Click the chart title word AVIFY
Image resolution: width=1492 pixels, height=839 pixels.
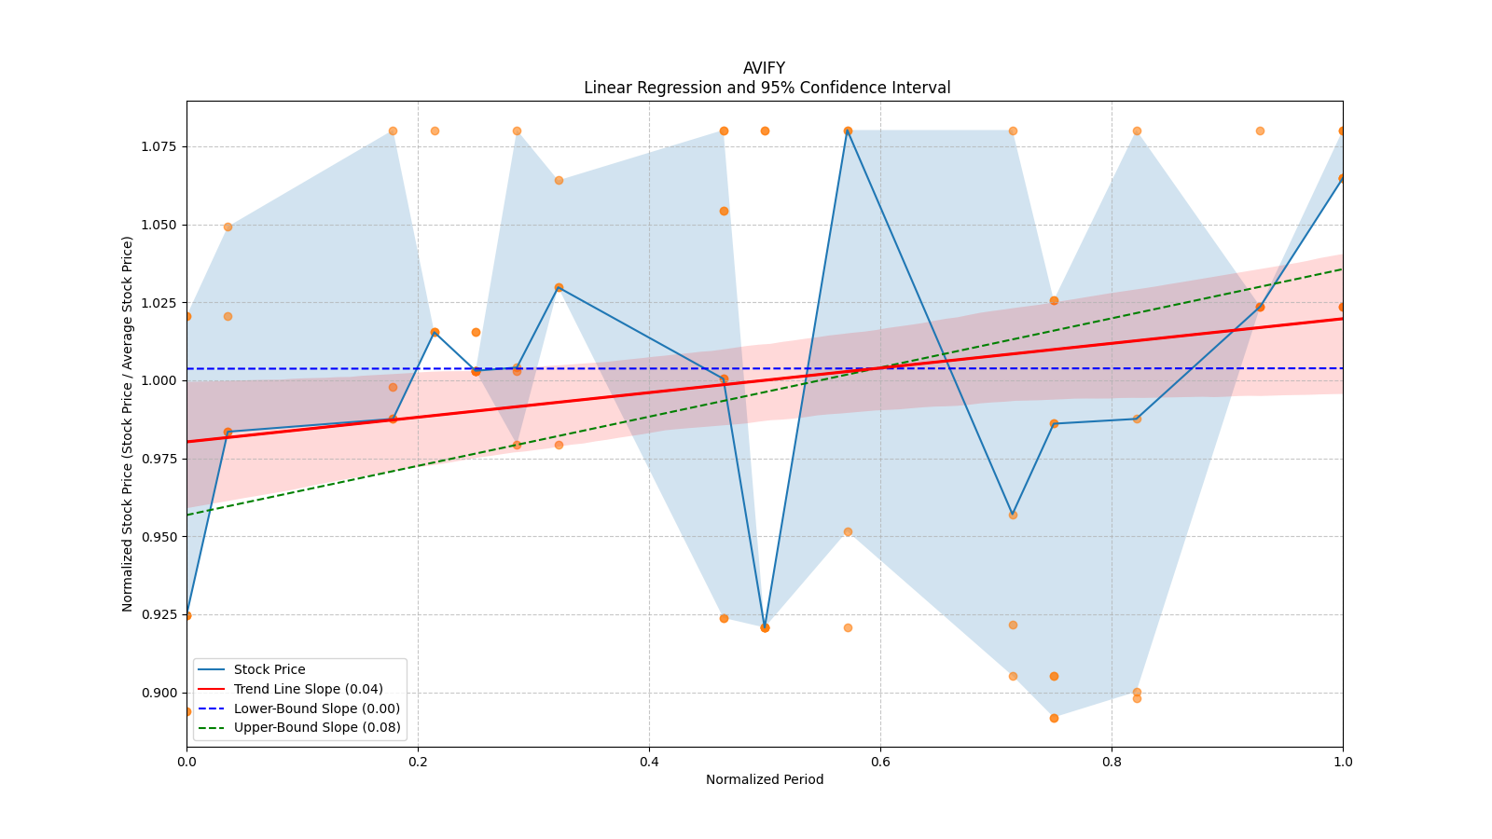click(x=764, y=68)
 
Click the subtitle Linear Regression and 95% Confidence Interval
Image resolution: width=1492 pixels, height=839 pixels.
click(x=767, y=88)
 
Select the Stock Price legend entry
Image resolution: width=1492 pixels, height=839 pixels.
click(x=269, y=669)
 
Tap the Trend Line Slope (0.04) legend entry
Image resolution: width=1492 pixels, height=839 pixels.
click(x=308, y=689)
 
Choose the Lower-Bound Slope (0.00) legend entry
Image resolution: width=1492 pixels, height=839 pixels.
click(x=316, y=708)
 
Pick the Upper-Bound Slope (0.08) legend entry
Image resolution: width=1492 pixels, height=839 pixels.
click(x=317, y=727)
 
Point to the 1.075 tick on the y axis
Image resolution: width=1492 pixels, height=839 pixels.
click(x=160, y=146)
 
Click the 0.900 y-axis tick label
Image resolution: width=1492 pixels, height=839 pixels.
click(x=160, y=693)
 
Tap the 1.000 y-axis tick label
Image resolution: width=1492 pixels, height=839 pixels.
click(x=160, y=380)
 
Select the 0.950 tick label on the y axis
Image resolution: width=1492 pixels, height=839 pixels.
click(x=160, y=537)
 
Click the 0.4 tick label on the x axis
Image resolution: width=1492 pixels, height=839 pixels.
click(x=649, y=762)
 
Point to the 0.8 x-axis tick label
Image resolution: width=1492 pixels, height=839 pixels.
click(x=1112, y=762)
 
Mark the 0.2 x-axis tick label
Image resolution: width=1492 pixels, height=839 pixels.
click(x=418, y=762)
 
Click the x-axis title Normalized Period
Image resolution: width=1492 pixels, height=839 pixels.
click(x=765, y=779)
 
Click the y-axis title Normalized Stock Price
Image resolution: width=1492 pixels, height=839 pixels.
click(x=128, y=423)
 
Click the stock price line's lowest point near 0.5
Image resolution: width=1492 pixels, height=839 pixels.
click(x=765, y=627)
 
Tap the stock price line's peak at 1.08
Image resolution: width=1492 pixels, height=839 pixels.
click(x=848, y=131)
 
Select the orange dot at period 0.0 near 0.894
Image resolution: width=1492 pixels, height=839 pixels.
click(x=187, y=711)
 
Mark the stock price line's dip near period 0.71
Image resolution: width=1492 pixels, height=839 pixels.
click(x=1013, y=515)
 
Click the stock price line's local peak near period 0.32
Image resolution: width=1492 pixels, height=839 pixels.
click(x=559, y=287)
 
